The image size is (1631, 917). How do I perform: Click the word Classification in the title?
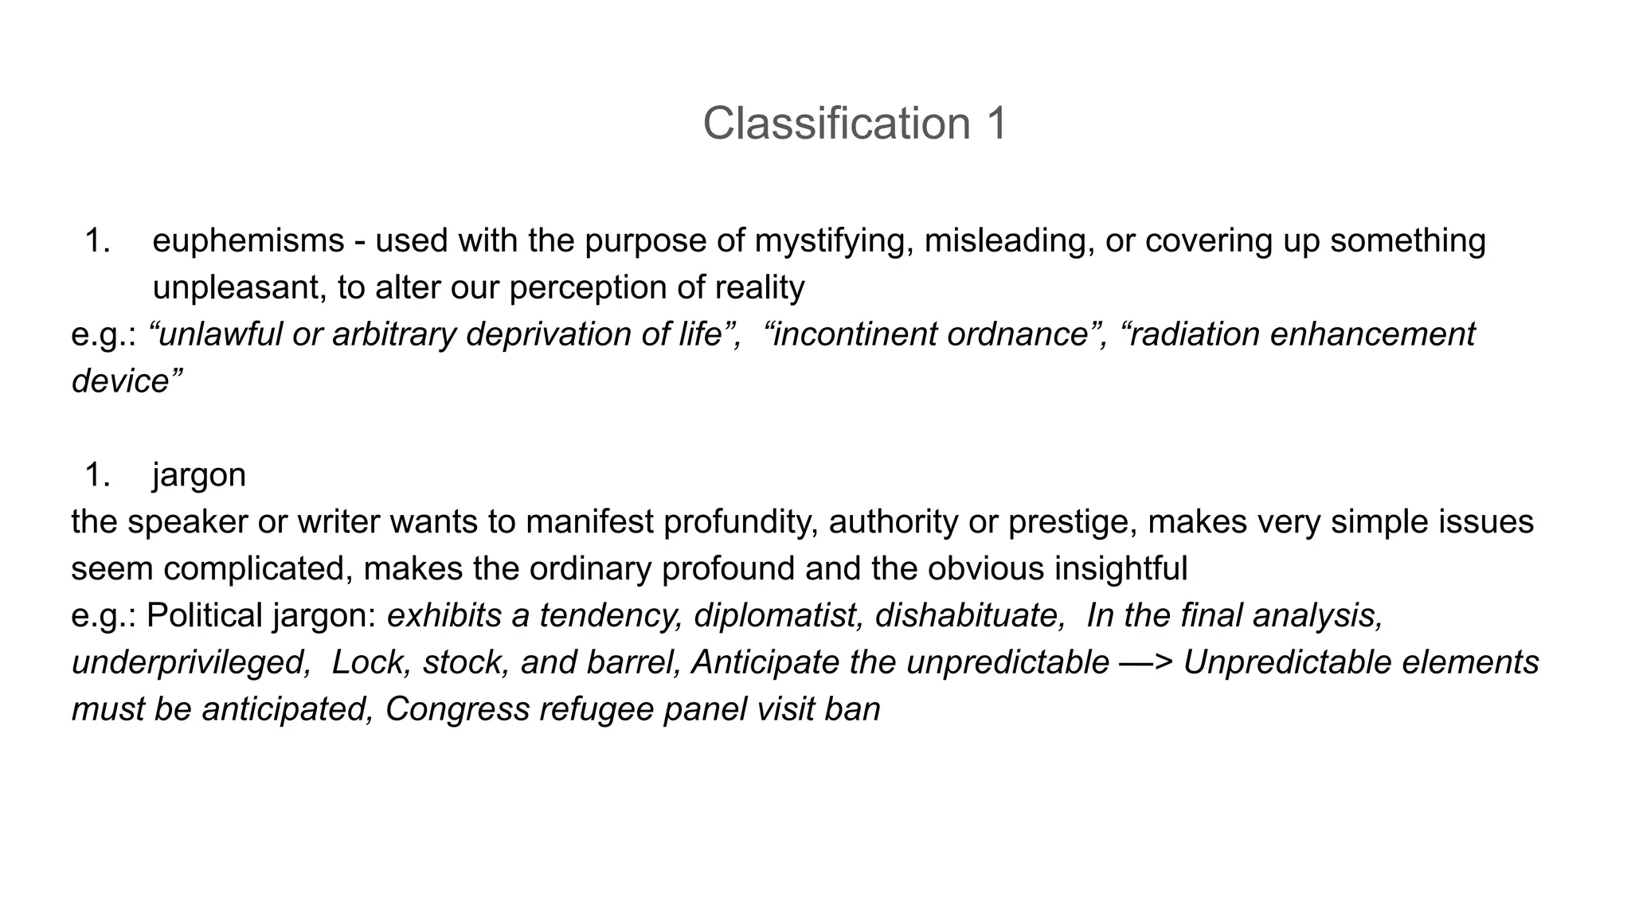click(x=836, y=124)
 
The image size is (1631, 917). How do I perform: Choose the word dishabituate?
click(x=970, y=616)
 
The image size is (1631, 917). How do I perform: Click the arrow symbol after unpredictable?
click(x=1146, y=663)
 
